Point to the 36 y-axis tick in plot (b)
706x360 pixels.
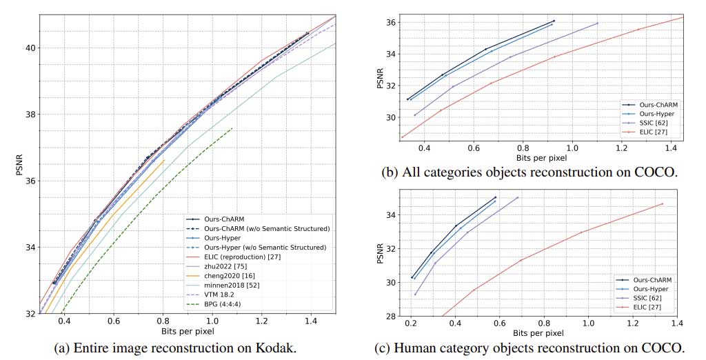point(390,23)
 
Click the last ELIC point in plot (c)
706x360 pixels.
point(663,203)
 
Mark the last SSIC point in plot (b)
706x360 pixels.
point(597,23)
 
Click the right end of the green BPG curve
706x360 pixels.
point(232,128)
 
